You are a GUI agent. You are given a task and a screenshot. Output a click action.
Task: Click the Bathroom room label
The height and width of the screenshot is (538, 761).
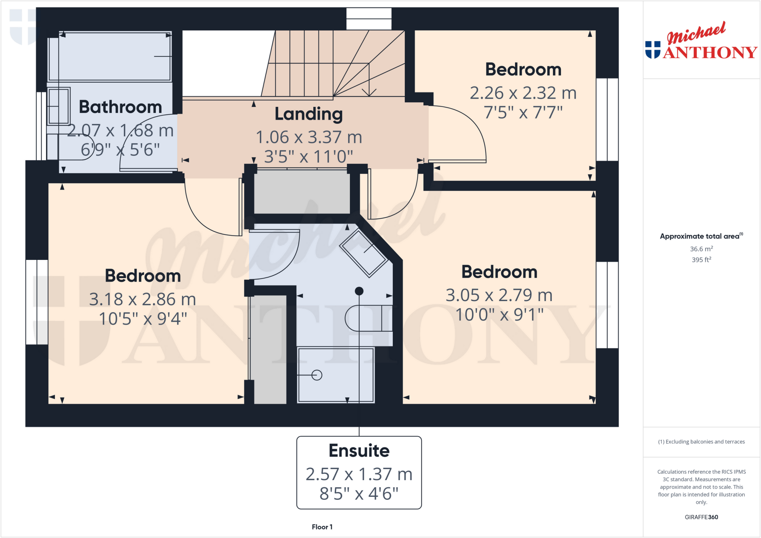point(120,107)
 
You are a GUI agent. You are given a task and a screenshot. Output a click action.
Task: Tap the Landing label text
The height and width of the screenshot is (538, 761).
point(308,114)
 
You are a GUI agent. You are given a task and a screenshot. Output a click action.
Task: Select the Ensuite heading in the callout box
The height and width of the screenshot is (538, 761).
point(359,451)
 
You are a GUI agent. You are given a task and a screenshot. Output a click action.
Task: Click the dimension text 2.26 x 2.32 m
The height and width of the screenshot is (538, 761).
point(523,93)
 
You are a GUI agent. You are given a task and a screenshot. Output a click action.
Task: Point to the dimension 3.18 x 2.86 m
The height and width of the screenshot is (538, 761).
point(142,299)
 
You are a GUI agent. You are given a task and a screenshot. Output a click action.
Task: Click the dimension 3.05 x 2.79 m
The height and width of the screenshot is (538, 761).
point(499,295)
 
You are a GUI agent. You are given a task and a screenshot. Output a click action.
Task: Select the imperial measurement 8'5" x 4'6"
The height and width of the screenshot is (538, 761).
point(359,494)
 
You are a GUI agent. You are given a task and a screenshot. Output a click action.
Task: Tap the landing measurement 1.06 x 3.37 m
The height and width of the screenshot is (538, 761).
point(309,137)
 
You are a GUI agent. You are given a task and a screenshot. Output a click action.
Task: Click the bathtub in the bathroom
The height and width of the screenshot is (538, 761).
point(110,56)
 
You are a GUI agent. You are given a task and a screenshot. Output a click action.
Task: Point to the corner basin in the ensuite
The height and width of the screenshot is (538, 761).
point(365,253)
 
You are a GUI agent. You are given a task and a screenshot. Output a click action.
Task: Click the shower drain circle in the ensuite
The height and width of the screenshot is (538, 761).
point(317,375)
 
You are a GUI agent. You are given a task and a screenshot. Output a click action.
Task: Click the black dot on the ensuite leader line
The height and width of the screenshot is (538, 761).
point(359,291)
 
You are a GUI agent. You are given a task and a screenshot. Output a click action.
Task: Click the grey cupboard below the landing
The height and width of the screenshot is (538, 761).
point(302,192)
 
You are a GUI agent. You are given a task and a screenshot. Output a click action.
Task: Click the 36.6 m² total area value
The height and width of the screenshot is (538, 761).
point(701,249)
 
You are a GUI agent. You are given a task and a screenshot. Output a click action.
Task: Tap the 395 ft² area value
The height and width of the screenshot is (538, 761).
point(701,260)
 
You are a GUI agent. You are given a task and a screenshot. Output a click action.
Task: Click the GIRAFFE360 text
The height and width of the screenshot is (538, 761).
point(701,517)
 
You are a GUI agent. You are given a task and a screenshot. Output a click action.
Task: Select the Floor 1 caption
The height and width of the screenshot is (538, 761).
point(322,527)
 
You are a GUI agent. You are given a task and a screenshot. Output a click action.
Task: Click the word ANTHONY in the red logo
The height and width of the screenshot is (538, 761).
point(710,53)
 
